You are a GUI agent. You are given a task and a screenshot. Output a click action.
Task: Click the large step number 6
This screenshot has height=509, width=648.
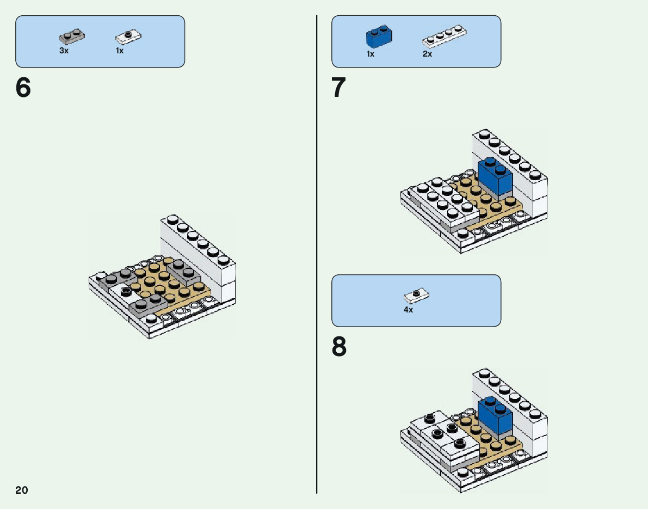pyautogui.click(x=23, y=88)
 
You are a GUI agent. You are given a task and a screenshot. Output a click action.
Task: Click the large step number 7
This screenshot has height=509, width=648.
pyautogui.click(x=339, y=88)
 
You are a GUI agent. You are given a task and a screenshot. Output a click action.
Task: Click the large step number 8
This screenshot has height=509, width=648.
pyautogui.click(x=339, y=347)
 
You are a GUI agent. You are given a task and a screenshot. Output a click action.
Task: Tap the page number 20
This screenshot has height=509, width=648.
pyautogui.click(x=22, y=490)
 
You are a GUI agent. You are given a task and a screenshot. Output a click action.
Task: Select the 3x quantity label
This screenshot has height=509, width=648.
pyautogui.click(x=64, y=51)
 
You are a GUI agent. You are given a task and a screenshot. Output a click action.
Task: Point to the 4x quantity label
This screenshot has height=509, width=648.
pyautogui.click(x=408, y=310)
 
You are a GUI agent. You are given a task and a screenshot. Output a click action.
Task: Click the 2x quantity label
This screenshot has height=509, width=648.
pyautogui.click(x=427, y=54)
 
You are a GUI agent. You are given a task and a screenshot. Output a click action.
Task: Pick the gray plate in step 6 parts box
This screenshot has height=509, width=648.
pyautogui.click(x=71, y=37)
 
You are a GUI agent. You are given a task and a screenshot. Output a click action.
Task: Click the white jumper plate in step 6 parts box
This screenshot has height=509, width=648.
pyautogui.click(x=129, y=37)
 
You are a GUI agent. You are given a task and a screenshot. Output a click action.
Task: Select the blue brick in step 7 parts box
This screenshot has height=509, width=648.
pyautogui.click(x=379, y=37)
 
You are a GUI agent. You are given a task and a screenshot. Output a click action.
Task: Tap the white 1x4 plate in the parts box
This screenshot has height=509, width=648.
pyautogui.click(x=445, y=36)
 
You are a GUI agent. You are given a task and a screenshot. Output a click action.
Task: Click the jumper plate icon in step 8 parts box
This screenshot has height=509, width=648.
pyautogui.click(x=416, y=296)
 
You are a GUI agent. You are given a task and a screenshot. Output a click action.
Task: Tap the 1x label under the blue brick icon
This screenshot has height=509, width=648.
pyautogui.click(x=371, y=54)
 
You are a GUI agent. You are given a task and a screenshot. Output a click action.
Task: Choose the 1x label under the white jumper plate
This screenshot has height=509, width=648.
pyautogui.click(x=120, y=51)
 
